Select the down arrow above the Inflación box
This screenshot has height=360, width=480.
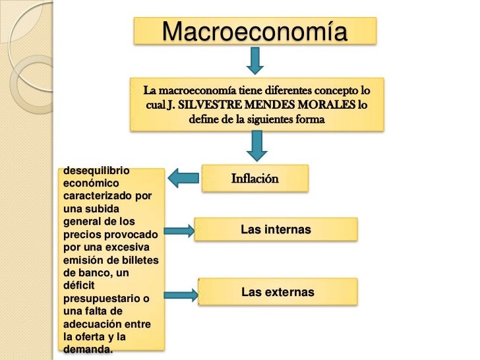254,144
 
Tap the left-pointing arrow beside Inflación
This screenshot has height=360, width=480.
184,177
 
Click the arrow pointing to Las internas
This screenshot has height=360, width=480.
178,231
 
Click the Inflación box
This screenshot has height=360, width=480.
255,178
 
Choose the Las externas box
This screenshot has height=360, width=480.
278,291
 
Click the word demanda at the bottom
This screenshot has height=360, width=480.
87,349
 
